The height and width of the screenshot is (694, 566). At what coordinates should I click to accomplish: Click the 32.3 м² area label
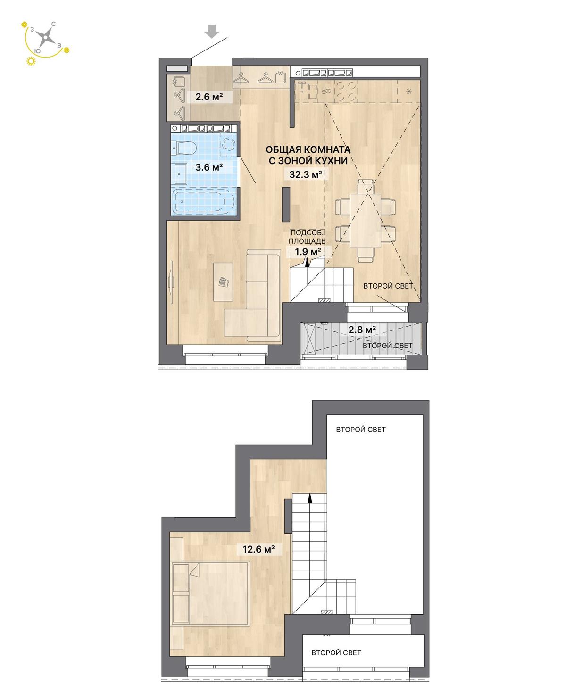305,174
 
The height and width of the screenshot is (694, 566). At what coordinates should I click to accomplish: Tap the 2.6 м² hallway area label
209,97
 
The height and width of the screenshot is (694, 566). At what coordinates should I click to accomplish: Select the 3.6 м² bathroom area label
209,167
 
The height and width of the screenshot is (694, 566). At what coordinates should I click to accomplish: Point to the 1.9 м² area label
308,252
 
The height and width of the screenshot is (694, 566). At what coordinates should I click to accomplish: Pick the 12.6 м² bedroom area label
258,549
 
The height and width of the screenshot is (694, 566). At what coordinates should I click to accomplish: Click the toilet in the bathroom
184,148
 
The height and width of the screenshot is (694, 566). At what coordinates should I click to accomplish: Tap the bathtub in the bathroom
205,201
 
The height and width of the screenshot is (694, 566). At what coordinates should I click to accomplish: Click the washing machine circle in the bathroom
228,144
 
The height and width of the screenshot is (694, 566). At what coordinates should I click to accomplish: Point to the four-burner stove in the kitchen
346,91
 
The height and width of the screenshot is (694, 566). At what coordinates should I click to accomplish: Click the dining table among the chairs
365,221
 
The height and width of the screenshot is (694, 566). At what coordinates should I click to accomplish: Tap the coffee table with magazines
223,281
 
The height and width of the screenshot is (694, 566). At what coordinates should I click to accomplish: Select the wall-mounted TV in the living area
171,282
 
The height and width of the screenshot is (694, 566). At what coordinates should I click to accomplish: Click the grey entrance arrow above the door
212,32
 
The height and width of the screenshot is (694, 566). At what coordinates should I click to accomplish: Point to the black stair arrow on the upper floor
309,499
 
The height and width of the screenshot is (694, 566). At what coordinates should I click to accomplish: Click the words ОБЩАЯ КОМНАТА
308,149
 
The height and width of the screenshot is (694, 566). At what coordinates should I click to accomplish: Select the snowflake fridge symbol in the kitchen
408,91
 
